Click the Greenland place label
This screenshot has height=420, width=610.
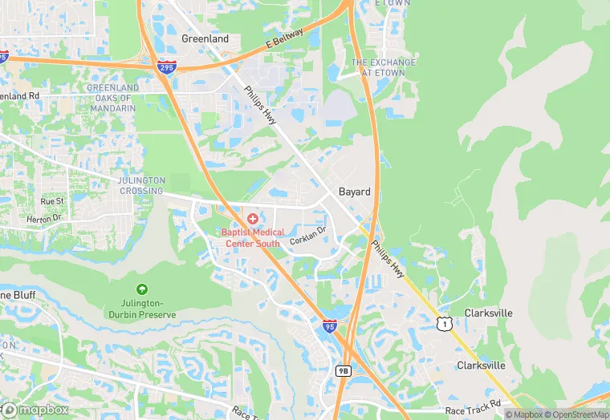(205, 38)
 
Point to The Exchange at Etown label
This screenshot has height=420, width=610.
(384, 67)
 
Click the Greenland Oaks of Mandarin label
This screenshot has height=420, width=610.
(112, 93)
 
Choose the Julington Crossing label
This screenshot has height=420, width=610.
(141, 185)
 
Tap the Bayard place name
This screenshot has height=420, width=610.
(354, 192)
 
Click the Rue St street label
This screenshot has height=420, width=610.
(52, 200)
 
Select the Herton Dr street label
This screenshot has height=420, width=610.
(43, 219)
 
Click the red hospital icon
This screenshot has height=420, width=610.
(253, 218)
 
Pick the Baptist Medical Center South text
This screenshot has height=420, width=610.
(254, 237)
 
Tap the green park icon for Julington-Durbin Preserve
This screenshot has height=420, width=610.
(142, 289)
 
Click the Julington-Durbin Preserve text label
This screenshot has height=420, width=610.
(142, 309)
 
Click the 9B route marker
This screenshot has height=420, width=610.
(344, 370)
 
